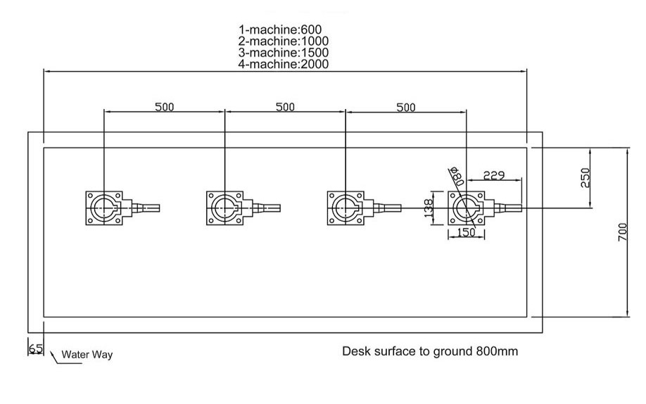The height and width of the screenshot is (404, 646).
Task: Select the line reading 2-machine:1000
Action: [x=284, y=42]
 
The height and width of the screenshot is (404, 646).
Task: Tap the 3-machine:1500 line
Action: [x=284, y=53]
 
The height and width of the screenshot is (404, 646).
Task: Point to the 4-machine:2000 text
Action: [x=284, y=64]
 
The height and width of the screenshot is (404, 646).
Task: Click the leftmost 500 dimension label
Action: [x=164, y=107]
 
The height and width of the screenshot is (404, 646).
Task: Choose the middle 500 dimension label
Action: [x=285, y=107]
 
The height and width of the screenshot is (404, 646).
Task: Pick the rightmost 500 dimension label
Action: [x=406, y=107]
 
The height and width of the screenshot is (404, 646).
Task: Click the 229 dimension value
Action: [x=494, y=175]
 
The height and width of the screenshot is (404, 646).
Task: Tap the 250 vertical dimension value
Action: [x=585, y=177]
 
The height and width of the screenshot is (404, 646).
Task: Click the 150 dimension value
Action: [x=464, y=231]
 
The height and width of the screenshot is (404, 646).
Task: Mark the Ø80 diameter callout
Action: [x=457, y=175]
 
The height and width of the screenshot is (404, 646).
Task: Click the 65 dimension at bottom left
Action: [x=35, y=348]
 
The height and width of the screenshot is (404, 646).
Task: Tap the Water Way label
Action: [x=87, y=355]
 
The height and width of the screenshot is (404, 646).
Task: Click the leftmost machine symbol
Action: [x=106, y=208]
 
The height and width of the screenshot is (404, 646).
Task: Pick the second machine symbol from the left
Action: [x=226, y=208]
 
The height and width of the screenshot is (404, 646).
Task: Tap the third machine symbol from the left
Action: [x=347, y=208]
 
